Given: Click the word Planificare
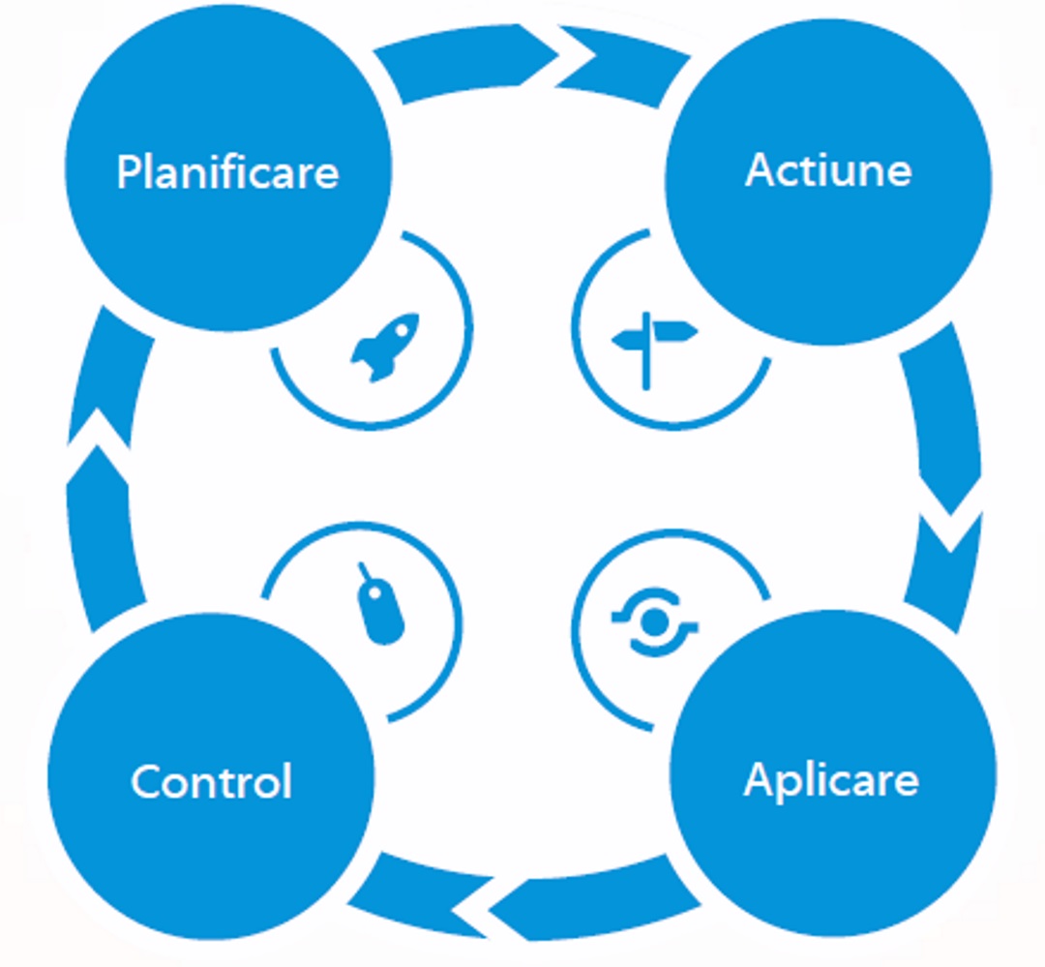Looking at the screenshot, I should (227, 172).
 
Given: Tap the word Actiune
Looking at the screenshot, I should (828, 169).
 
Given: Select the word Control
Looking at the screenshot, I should (211, 780).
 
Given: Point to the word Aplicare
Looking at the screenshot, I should (831, 779).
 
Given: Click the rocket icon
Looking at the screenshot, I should (384, 346).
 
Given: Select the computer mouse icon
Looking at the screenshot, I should (382, 608).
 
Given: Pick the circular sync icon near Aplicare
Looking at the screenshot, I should (654, 619).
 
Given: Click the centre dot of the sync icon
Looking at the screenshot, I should (654, 619).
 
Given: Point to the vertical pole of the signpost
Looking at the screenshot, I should (645, 363).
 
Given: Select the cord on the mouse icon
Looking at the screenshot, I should (366, 571).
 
